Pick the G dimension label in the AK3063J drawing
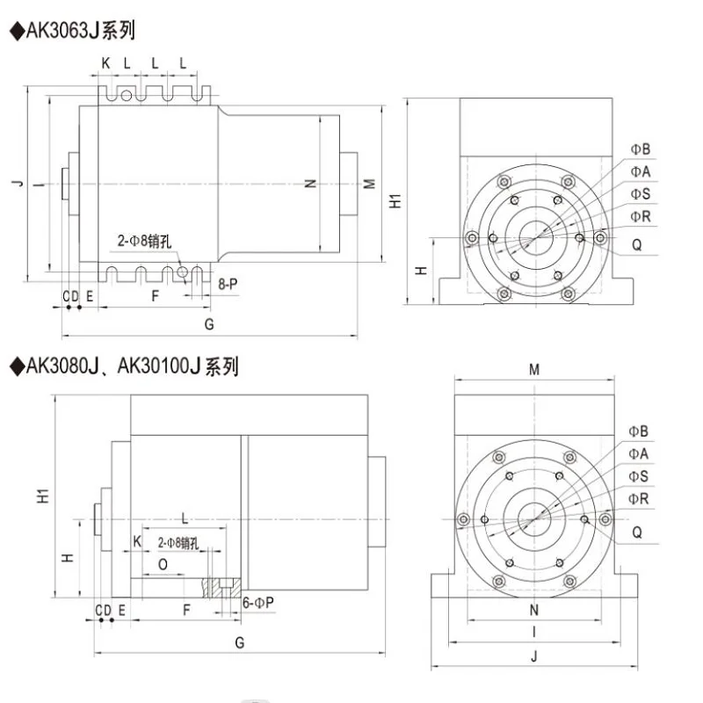tap(209, 323)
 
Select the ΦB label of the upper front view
tap(639, 149)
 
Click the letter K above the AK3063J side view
tap(105, 63)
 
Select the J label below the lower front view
tap(534, 656)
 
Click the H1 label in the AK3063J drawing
tap(395, 200)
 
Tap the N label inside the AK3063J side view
tap(310, 184)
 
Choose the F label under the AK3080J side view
tap(186, 609)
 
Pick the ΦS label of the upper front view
tap(639, 193)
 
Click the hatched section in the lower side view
tap(220, 587)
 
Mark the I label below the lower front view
tap(534, 633)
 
